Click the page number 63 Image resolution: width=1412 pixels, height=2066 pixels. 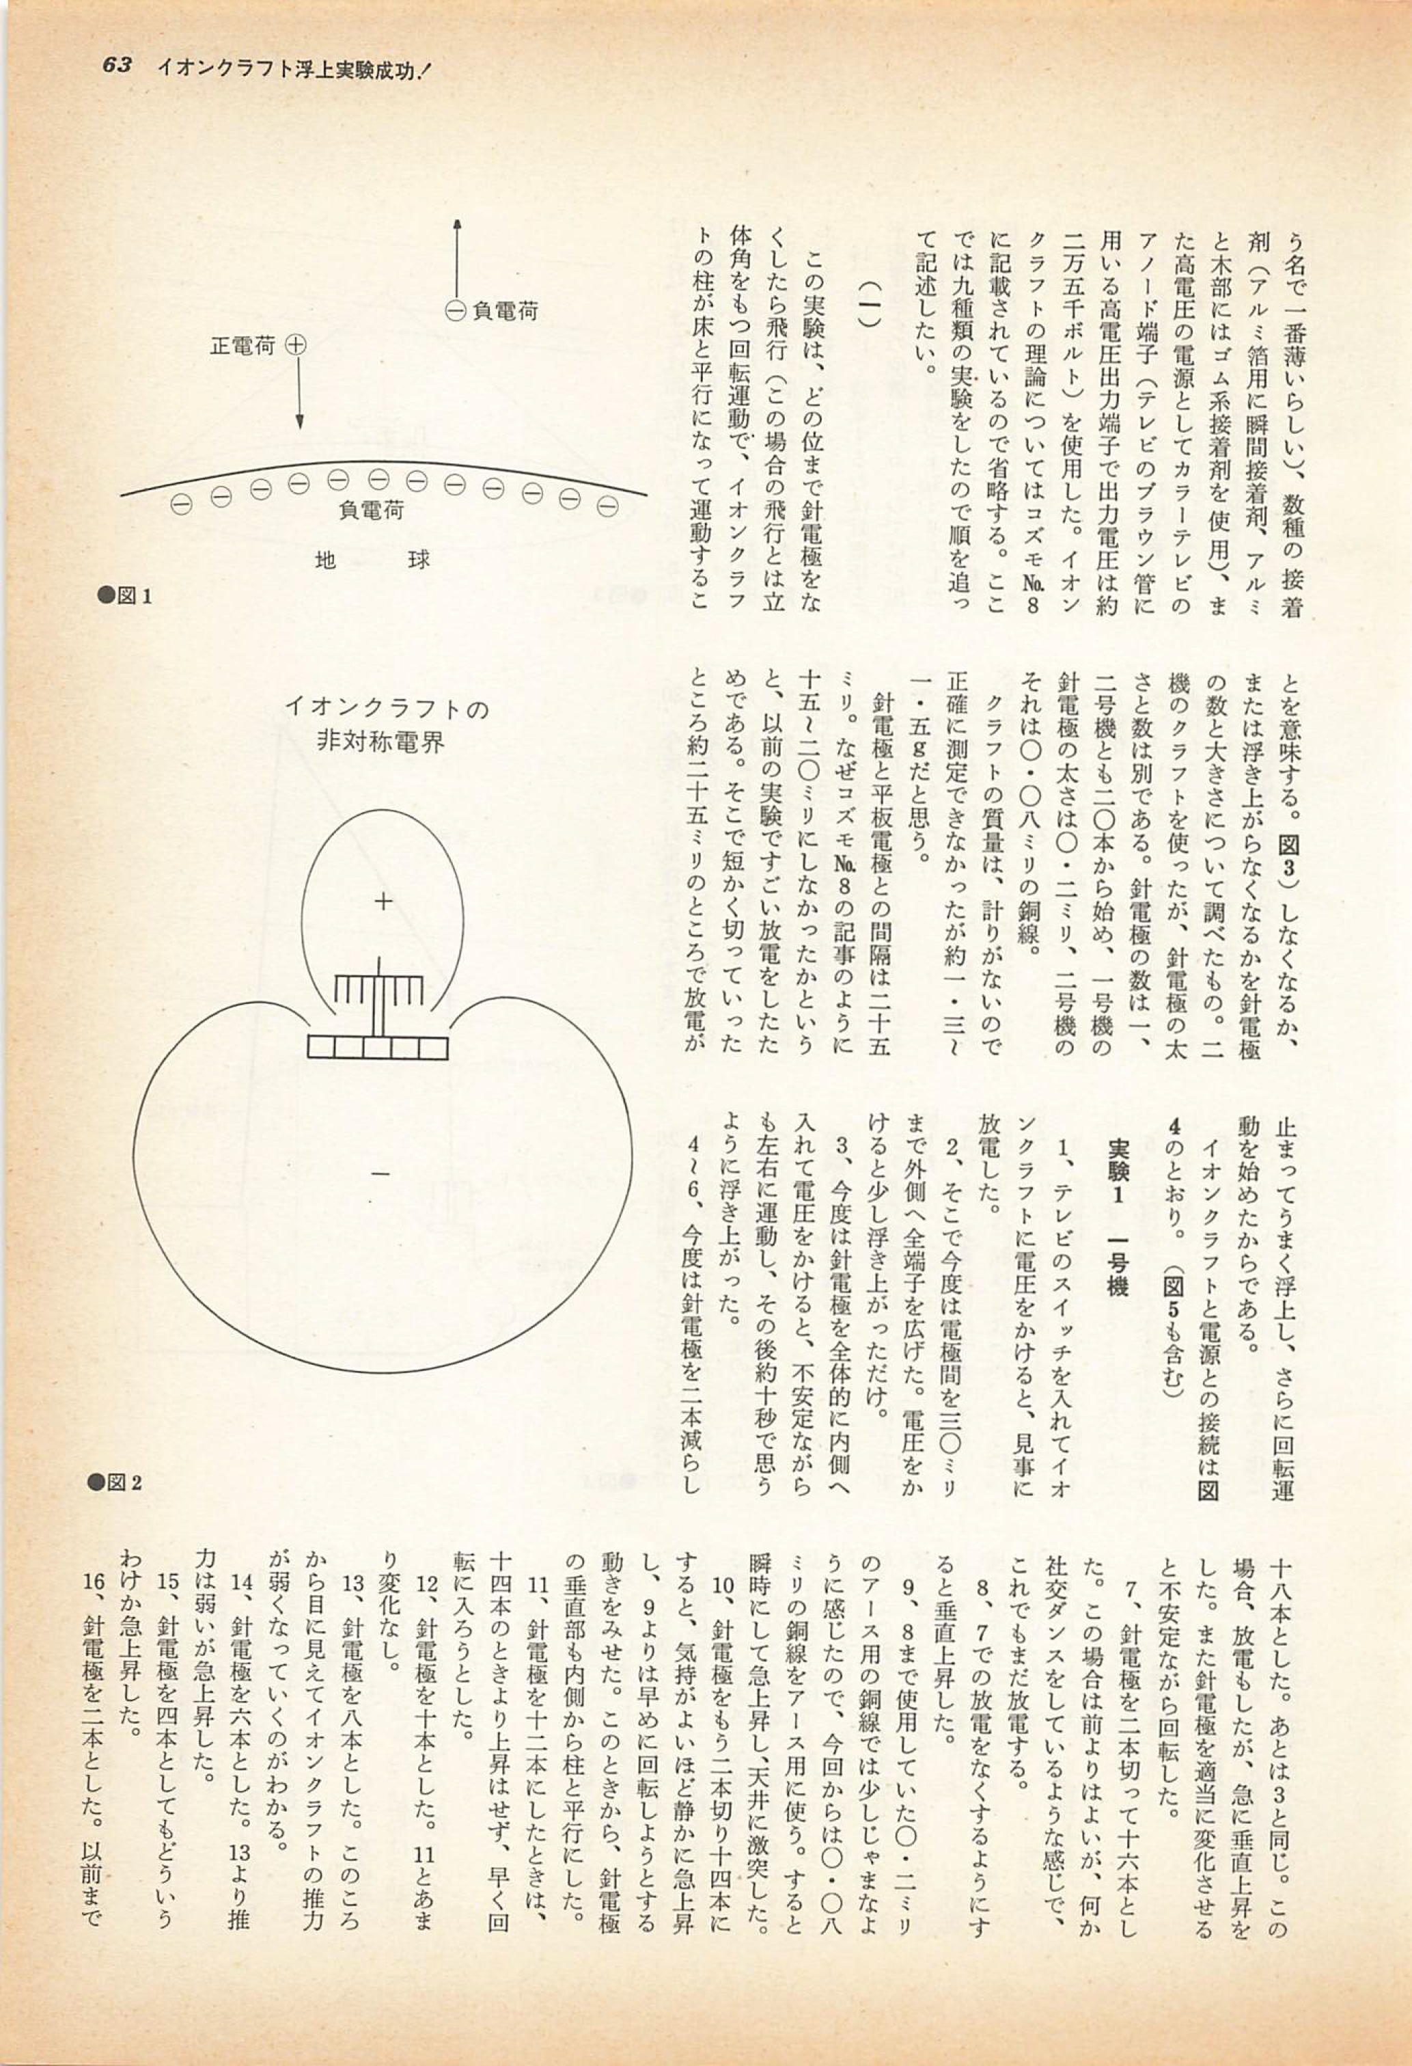pyautogui.click(x=117, y=67)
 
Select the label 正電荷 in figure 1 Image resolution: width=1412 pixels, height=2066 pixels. pyautogui.click(x=242, y=346)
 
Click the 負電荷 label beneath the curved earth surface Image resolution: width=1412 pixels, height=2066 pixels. pyautogui.click(x=372, y=511)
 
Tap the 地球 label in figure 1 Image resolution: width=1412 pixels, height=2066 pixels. pyautogui.click(x=372, y=561)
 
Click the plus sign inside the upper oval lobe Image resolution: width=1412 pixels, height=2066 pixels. pyautogui.click(x=383, y=902)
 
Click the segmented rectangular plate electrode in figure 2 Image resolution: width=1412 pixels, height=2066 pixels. pyautogui.click(x=378, y=1047)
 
